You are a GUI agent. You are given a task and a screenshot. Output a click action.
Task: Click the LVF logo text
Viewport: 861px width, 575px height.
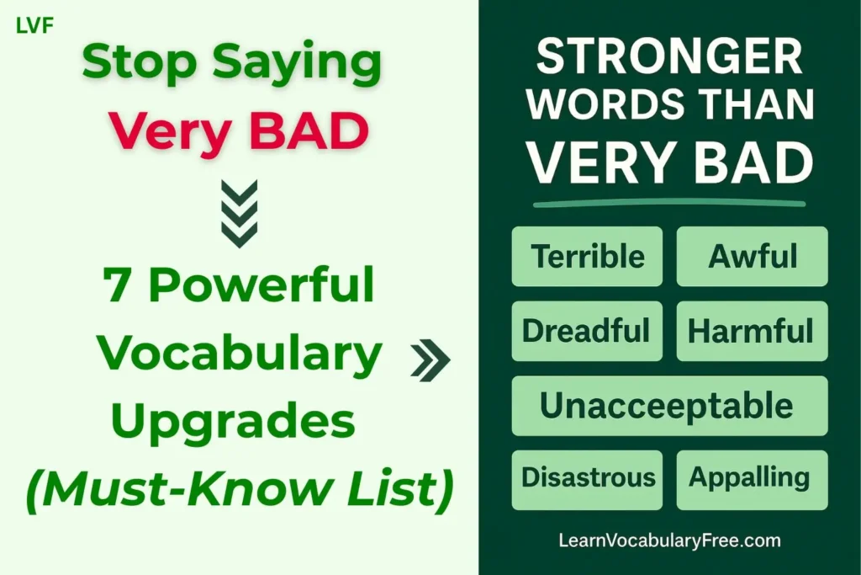pos(35,26)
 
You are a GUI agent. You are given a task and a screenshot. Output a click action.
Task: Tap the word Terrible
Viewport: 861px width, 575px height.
pos(588,256)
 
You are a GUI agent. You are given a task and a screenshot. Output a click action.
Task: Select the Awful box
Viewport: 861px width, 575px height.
pos(753,256)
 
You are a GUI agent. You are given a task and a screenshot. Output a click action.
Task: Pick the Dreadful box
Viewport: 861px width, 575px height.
pos(586,331)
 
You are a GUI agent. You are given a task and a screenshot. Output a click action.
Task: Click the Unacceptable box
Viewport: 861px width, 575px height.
pos(669,406)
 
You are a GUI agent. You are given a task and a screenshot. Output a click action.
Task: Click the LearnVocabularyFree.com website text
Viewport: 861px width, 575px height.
pos(669,540)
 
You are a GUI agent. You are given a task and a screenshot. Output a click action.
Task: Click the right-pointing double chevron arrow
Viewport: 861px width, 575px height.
pos(430,360)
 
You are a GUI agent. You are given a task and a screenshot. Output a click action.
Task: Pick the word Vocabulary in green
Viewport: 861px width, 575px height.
pos(240,354)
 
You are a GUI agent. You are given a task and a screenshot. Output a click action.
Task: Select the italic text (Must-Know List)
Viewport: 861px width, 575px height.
pos(239,487)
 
